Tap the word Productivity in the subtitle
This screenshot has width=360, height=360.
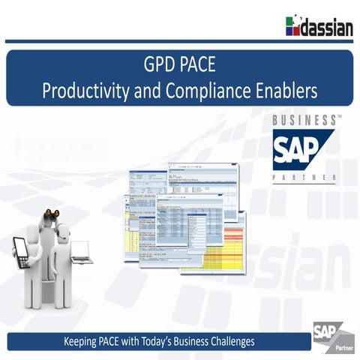(78, 91)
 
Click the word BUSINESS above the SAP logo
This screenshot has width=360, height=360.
(301, 120)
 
